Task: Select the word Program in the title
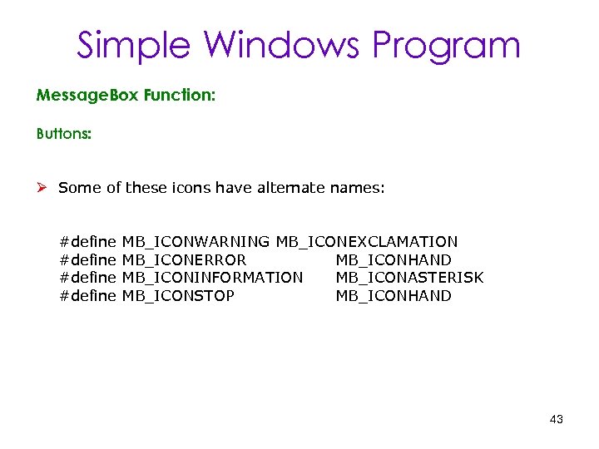click(x=447, y=47)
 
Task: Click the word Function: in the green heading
click(x=179, y=96)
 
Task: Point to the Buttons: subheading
click(x=64, y=133)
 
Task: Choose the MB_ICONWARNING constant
click(x=196, y=242)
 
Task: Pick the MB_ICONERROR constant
click(x=184, y=260)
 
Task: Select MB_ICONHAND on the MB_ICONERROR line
click(x=394, y=260)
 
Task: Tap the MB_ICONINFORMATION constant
click(x=212, y=278)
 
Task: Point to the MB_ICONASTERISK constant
click(x=409, y=278)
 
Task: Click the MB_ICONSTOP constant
click(x=178, y=296)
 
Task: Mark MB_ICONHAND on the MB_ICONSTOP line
click(x=394, y=296)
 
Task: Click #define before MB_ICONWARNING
click(x=87, y=242)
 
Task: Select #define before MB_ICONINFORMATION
click(x=87, y=278)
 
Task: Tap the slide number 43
click(x=557, y=420)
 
